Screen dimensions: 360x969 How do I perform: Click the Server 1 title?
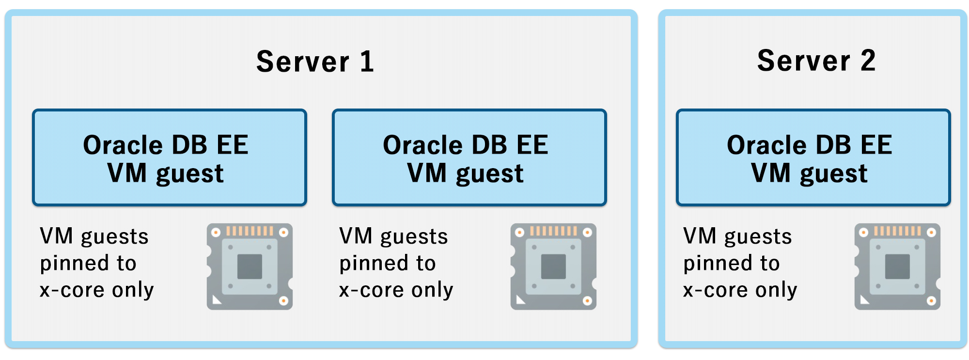pos(315,62)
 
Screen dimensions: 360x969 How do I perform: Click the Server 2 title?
pos(816,61)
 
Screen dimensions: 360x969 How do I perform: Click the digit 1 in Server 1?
pos(367,62)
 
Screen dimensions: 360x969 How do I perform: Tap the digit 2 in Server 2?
pos(868,61)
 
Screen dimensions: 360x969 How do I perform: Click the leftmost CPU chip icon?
pos(250,266)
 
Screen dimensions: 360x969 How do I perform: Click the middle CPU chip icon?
pos(553,266)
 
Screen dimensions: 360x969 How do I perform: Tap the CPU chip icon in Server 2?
pos(897,266)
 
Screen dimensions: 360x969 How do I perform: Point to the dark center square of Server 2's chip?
pos(897,267)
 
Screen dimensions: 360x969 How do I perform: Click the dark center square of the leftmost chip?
pos(250,267)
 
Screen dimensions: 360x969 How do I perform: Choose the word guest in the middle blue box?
pos(490,174)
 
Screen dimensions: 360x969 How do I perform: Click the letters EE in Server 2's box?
pos(876,145)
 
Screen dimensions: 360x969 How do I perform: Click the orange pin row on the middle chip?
pos(553,231)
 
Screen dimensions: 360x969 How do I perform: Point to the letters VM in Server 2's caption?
pos(699,236)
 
